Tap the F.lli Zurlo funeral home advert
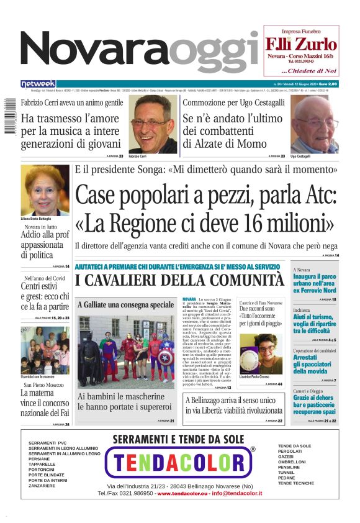pyautogui.click(x=301, y=50)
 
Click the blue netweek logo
pyautogui.click(x=38, y=84)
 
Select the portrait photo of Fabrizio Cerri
pyautogui.click(x=153, y=125)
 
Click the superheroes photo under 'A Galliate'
pyautogui.click(x=126, y=350)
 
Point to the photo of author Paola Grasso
pyautogui.click(x=260, y=357)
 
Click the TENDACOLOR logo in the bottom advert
pyautogui.click(x=179, y=463)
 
